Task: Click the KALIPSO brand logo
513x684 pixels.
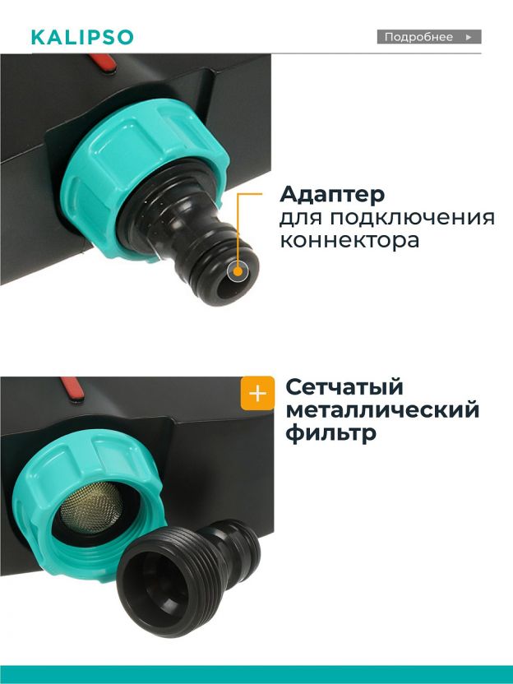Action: tap(82, 38)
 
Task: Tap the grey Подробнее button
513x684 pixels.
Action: tap(429, 37)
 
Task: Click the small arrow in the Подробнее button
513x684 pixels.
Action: tap(469, 37)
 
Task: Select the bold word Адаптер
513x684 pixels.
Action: tap(332, 195)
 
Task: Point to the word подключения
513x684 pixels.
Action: tap(412, 218)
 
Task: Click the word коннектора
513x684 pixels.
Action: tap(349, 240)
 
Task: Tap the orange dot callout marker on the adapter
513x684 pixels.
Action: tap(238, 271)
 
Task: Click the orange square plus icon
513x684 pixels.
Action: tap(257, 394)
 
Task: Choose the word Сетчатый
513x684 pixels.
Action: tap(344, 388)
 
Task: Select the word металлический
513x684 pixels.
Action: tap(382, 410)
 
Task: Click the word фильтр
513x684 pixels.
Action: tap(330, 434)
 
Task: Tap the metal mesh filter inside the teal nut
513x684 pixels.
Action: tap(90, 507)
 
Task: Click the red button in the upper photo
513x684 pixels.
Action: tap(103, 62)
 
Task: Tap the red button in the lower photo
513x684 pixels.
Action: tap(72, 389)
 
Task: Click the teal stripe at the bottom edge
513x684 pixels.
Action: tap(256, 674)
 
